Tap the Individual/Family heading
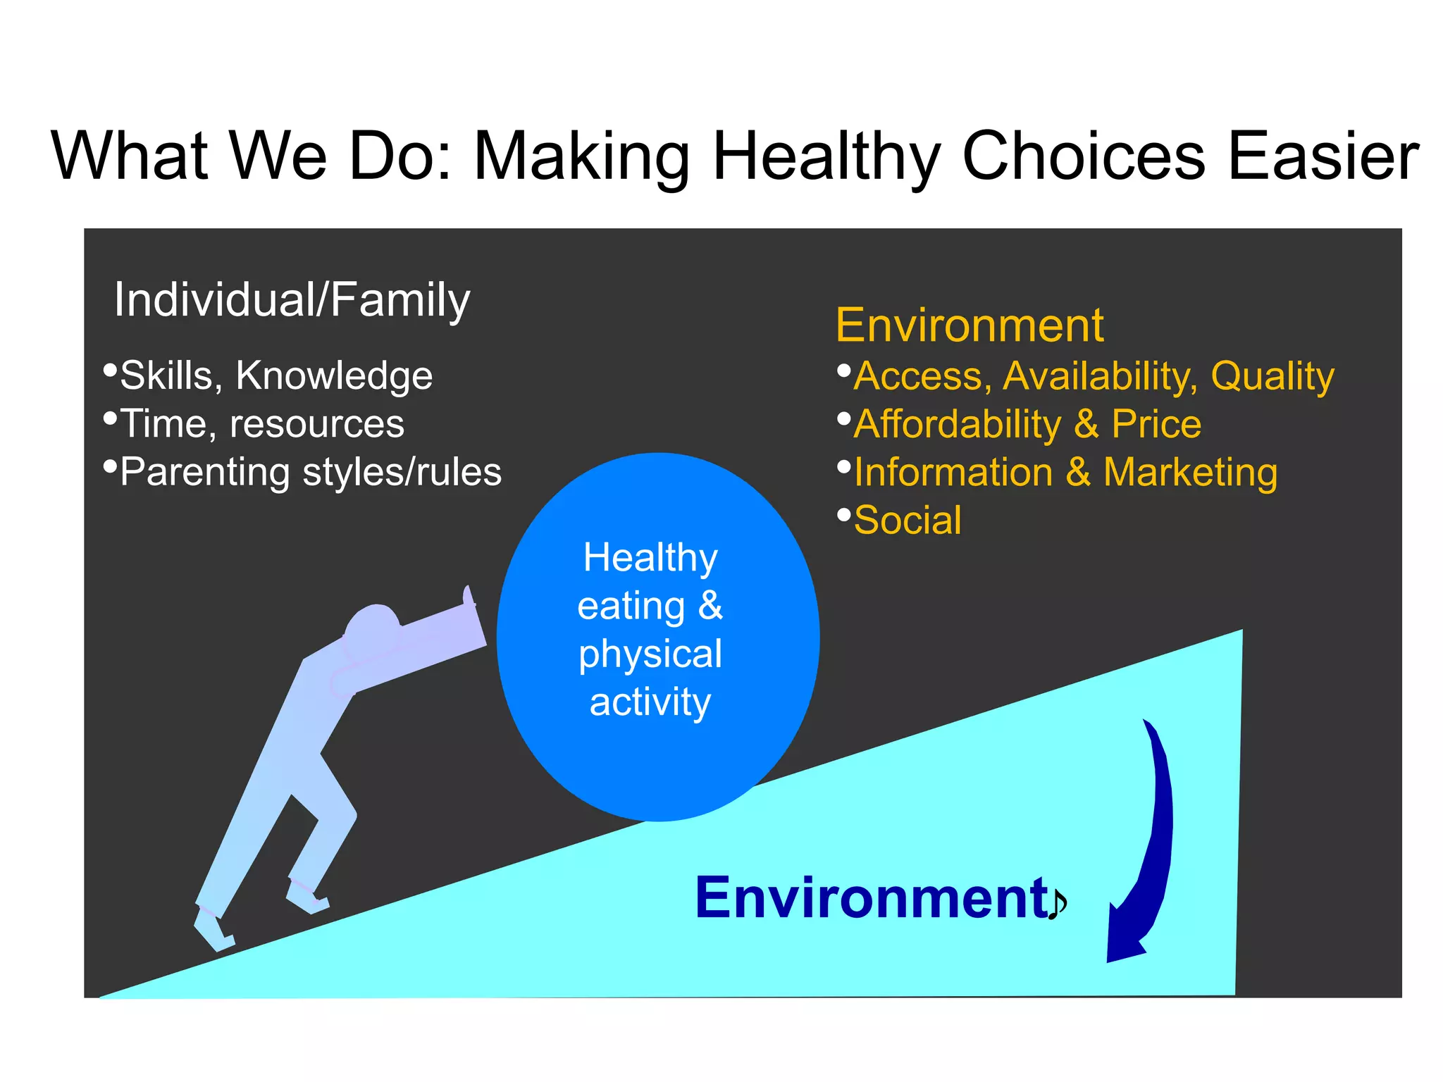click(292, 300)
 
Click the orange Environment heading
click(969, 325)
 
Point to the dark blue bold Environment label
click(872, 898)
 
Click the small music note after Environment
click(1057, 904)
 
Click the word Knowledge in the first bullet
click(334, 375)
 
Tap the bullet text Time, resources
click(262, 424)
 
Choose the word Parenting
click(204, 473)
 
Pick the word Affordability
click(958, 425)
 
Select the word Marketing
click(1190, 473)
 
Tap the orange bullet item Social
click(908, 521)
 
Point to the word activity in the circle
click(650, 702)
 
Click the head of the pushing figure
click(372, 624)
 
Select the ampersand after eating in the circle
click(710, 606)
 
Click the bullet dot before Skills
click(110, 371)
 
